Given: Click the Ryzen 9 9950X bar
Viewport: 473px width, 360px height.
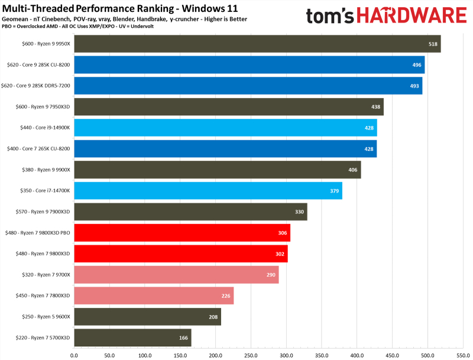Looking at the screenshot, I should pyautogui.click(x=257, y=44).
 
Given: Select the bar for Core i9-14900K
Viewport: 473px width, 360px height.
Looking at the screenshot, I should pyautogui.click(x=225, y=128).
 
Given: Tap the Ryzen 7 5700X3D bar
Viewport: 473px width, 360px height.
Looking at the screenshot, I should pyautogui.click(x=132, y=338).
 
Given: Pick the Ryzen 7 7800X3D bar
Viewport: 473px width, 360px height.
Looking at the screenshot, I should pyautogui.click(x=154, y=296).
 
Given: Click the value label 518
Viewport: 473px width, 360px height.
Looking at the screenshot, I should pyautogui.click(x=433, y=44).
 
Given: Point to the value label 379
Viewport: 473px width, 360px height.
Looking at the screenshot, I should pyautogui.click(x=334, y=191).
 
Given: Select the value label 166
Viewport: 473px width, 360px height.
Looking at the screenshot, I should pyautogui.click(x=184, y=338).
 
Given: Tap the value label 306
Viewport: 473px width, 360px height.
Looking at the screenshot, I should pyautogui.click(x=283, y=233).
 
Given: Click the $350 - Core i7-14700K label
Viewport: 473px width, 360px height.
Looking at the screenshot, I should pyautogui.click(x=45, y=191).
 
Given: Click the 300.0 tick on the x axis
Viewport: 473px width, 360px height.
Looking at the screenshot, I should pyautogui.click(x=287, y=356).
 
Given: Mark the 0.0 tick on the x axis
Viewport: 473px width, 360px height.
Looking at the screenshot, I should pyautogui.click(x=74, y=356).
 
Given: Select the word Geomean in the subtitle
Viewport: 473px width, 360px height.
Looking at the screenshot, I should pyautogui.click(x=15, y=19).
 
